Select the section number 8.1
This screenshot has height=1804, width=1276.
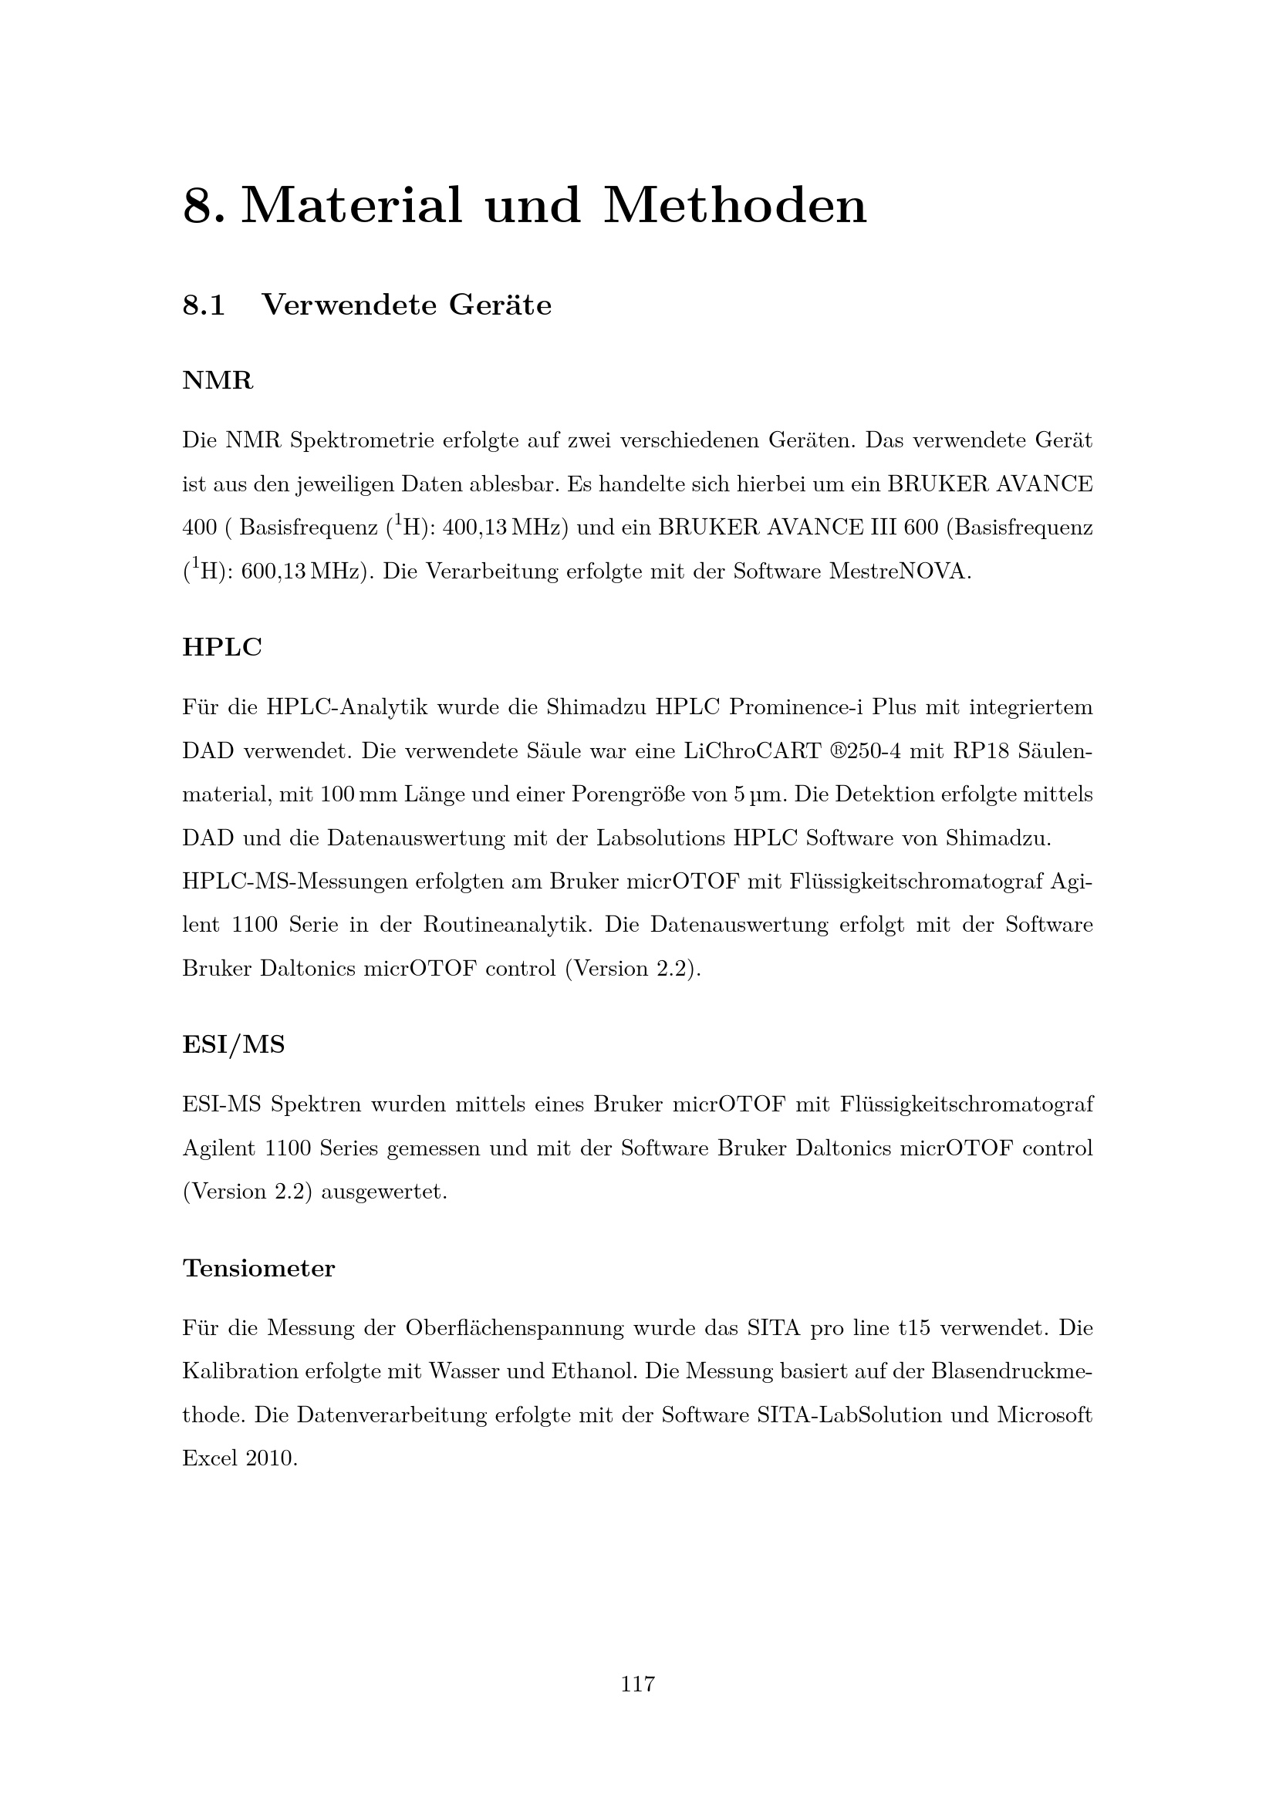[204, 305]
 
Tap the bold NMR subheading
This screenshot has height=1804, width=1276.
[218, 381]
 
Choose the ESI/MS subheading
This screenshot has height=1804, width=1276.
[233, 1044]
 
